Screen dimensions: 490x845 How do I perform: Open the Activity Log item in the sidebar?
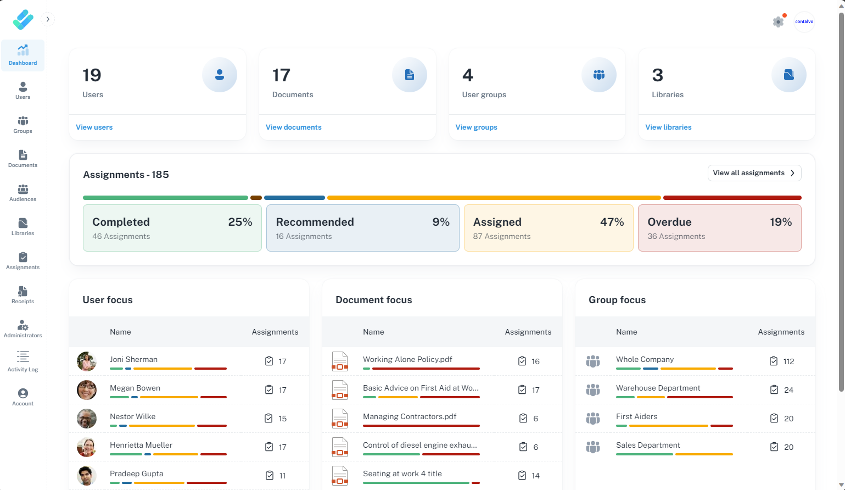23,361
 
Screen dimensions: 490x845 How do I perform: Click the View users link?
94,127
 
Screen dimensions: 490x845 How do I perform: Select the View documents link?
293,127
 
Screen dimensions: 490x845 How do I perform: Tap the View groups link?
476,127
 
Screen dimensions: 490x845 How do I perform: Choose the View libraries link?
668,127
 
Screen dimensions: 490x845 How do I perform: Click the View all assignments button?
754,173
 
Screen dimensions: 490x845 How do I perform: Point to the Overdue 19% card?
719,228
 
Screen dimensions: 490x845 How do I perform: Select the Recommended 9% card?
362,228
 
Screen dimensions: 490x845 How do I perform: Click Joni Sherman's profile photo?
87,361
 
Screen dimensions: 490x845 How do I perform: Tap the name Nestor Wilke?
132,416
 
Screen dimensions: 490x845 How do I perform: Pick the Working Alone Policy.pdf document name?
407,359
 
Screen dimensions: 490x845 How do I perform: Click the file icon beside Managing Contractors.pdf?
340,418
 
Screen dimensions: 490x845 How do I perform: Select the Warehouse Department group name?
658,388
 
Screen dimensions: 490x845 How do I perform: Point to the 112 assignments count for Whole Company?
788,361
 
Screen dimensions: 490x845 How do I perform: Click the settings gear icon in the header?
778,22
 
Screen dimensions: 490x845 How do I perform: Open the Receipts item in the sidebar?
23,294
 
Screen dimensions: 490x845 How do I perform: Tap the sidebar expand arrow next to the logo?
48,19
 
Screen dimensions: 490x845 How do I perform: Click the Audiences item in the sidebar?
23,192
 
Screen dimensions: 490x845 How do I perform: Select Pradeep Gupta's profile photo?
87,476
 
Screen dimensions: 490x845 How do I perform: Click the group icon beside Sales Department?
593,447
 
